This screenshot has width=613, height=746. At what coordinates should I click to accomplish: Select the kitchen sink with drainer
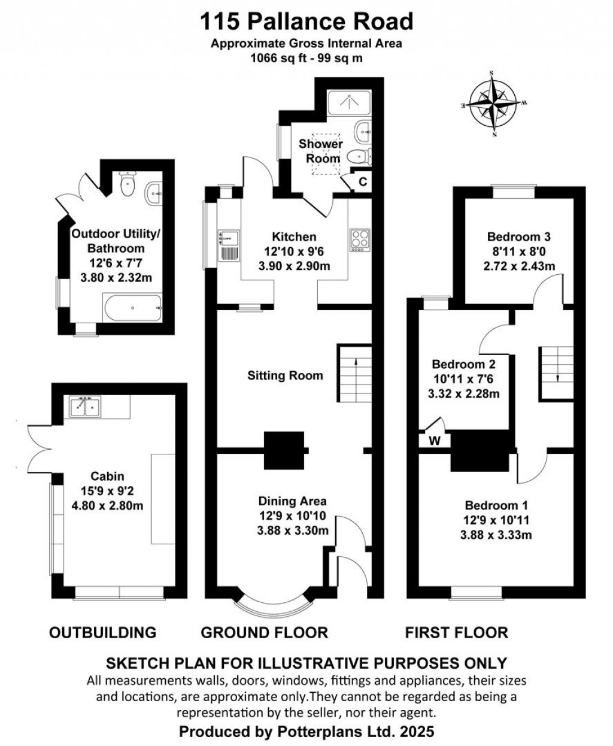(229, 245)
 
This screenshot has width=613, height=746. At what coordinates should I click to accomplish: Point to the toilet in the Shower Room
(357, 156)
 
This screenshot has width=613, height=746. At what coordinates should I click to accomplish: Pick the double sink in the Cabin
(86, 407)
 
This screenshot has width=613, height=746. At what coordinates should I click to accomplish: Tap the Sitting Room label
(285, 375)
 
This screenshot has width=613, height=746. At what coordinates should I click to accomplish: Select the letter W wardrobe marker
(435, 441)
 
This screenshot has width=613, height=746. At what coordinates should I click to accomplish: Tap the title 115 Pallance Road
(306, 22)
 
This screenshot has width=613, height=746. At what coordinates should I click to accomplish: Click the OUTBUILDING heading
(102, 632)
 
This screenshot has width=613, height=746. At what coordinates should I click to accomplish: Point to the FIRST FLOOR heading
(456, 632)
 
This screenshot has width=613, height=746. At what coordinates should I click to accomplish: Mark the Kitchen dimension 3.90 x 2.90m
(294, 266)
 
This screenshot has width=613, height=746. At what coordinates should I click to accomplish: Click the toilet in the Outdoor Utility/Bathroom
(128, 184)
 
